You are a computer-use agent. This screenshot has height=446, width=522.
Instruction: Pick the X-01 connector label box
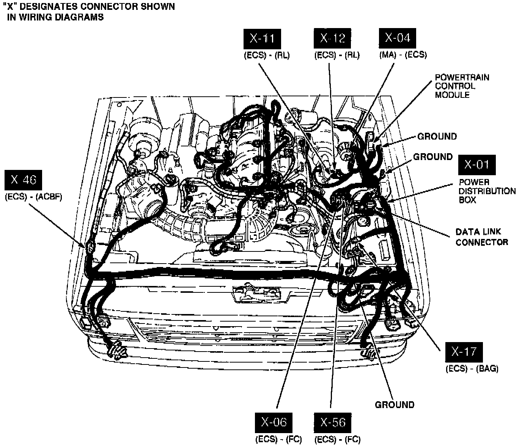[x=477, y=165]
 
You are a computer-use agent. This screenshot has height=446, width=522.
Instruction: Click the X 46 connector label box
[x=23, y=180]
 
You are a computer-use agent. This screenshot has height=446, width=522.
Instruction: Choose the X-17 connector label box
[x=464, y=352]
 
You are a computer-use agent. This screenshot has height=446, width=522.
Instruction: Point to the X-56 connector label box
[x=333, y=422]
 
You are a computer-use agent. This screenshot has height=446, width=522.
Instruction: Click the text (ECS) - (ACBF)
[x=33, y=197]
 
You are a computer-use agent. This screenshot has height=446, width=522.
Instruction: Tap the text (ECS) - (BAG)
[x=472, y=368]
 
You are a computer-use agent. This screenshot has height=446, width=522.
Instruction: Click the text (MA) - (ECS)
[x=403, y=55]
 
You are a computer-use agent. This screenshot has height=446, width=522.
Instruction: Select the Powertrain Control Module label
[x=462, y=86]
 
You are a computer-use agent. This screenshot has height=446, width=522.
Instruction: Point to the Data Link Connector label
[x=481, y=237]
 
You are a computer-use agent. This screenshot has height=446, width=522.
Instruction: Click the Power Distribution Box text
[x=487, y=191]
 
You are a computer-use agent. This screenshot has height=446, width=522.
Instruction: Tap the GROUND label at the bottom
[x=395, y=405]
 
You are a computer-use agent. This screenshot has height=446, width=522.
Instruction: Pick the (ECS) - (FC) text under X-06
[x=278, y=440]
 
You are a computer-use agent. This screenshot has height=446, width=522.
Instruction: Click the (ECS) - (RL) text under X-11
[x=266, y=55]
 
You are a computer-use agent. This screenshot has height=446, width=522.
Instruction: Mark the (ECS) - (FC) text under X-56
[x=337, y=440]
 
